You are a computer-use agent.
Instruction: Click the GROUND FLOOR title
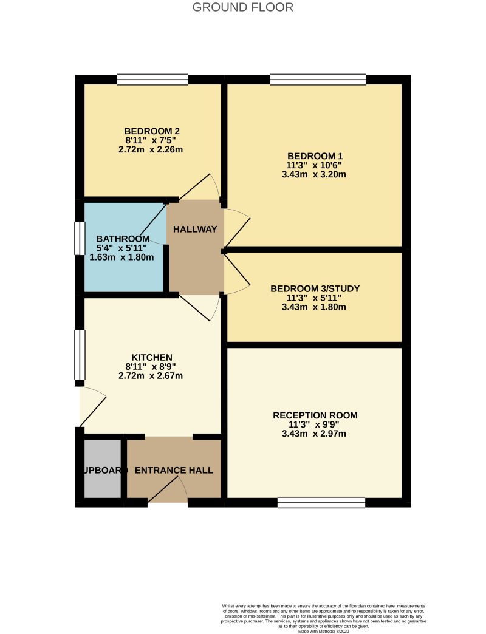pos(242,7)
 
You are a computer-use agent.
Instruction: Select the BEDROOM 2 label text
pos(151,131)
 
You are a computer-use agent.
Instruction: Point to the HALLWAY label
pos(195,229)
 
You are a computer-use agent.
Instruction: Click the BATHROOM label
pos(122,238)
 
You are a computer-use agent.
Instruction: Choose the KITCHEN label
pos(152,357)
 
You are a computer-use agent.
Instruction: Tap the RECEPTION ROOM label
pos(315,415)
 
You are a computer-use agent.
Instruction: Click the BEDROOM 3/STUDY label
pos(315,288)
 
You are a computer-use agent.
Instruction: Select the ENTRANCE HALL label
pos(174,471)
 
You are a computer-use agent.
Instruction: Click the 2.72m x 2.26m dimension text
pos(151,149)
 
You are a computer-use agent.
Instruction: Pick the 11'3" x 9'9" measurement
pos(315,424)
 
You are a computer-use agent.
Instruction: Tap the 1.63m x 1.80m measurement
pos(122,257)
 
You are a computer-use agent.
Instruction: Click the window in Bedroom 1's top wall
pos(318,79)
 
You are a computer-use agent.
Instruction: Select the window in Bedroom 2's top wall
pos(152,79)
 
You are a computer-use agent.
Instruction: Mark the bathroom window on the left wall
pos(79,238)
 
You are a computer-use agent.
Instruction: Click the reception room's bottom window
pos(321,502)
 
